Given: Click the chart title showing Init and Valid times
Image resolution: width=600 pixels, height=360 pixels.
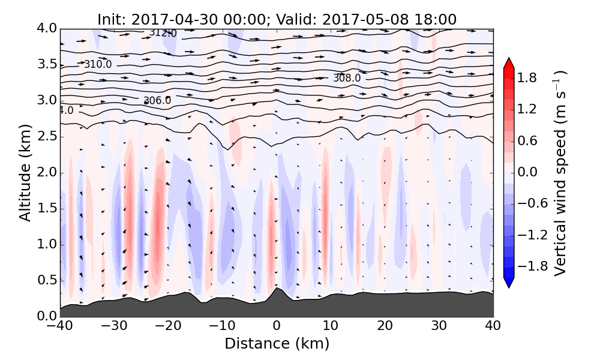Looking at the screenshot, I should click(277, 19).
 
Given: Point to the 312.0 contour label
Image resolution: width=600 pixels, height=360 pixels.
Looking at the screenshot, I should click(163, 33).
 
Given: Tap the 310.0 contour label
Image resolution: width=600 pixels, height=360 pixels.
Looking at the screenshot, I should click(98, 64).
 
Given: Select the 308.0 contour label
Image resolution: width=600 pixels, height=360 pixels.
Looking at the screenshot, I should click(347, 78).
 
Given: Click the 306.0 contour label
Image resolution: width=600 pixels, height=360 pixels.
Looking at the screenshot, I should click(157, 101).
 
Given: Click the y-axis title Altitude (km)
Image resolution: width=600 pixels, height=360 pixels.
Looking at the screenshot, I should click(25, 173).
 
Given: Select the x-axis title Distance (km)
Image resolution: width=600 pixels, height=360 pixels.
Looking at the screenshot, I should click(277, 344).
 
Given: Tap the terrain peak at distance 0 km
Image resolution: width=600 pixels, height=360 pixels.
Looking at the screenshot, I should click(276, 290).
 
